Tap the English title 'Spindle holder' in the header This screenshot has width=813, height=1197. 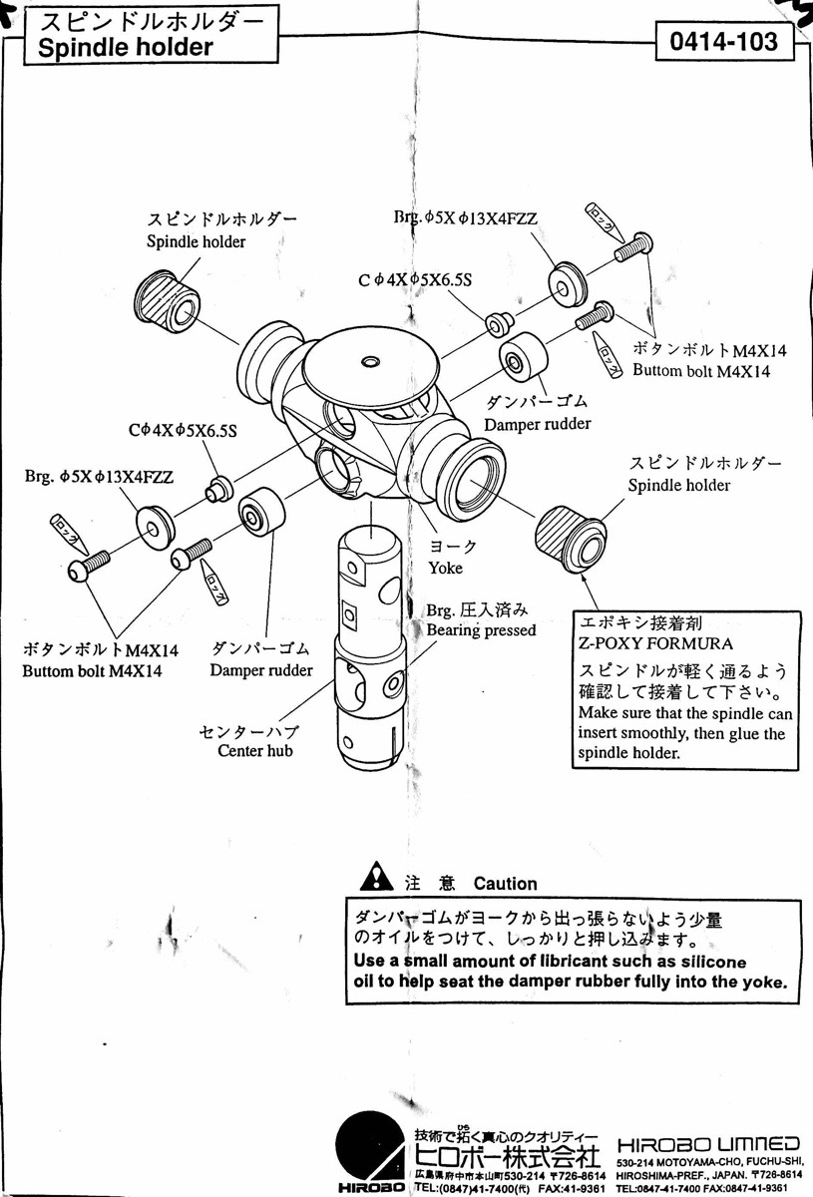[x=125, y=48]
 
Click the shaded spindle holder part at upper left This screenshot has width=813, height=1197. [x=169, y=300]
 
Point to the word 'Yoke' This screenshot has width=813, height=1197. [x=446, y=568]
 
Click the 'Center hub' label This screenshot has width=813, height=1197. [x=255, y=750]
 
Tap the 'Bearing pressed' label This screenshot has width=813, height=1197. [x=481, y=630]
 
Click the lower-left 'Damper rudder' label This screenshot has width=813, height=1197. [x=260, y=670]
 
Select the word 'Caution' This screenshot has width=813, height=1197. [x=505, y=883]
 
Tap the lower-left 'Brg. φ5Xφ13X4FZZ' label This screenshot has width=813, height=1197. [x=100, y=477]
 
